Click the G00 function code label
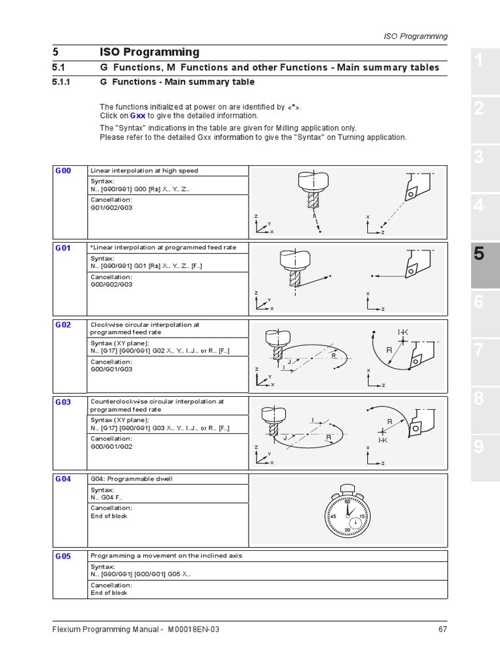(x=63, y=170)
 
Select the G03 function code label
(x=63, y=402)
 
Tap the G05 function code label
(x=63, y=556)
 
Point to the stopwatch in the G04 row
(x=348, y=513)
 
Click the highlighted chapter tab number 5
(x=479, y=254)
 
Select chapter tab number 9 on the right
(x=479, y=446)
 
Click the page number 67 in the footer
(x=443, y=629)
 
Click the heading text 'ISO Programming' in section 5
(x=149, y=52)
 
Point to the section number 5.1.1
(x=64, y=82)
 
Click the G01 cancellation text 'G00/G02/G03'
(x=111, y=284)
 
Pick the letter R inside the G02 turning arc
(x=389, y=350)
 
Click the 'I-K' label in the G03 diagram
(x=383, y=440)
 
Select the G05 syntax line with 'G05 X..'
(x=141, y=574)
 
